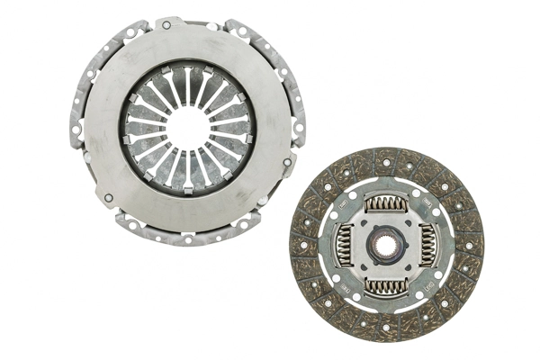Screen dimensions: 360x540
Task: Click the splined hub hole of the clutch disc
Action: click(385, 245)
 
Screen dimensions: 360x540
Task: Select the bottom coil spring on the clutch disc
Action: click(385, 285)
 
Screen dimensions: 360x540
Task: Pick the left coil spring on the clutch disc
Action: click(345, 245)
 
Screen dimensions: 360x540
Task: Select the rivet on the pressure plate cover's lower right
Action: click(287, 162)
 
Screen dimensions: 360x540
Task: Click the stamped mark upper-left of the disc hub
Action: click(347, 209)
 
